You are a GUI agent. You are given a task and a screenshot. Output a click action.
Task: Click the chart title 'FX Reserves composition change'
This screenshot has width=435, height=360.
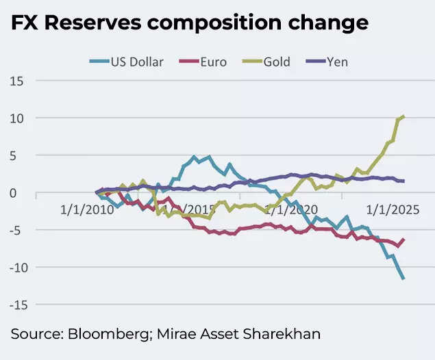point(188,22)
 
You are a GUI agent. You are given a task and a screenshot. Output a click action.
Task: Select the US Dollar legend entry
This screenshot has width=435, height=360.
point(127,62)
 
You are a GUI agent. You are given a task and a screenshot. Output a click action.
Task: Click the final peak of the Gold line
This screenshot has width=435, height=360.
point(403,116)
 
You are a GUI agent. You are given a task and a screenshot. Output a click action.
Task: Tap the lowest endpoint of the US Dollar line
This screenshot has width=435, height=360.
point(403,279)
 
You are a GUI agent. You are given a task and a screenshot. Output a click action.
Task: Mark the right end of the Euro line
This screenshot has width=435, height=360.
point(403,239)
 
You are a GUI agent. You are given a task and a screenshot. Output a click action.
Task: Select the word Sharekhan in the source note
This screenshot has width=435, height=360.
point(287,334)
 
